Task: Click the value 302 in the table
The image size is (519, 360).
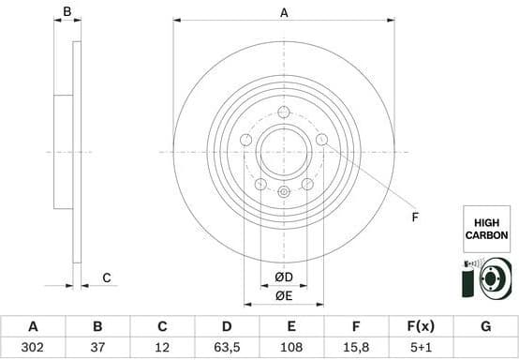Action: click(33, 348)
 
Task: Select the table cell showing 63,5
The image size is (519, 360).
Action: click(227, 348)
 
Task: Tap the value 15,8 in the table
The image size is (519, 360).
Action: click(356, 348)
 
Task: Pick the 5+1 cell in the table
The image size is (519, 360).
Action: click(421, 348)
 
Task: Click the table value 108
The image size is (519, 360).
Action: click(291, 348)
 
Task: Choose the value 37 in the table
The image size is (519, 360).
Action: click(97, 348)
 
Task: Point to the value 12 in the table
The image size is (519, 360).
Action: click(162, 348)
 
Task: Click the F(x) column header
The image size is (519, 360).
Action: click(421, 326)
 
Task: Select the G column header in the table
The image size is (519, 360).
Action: click(485, 326)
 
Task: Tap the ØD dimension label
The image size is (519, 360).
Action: click(284, 277)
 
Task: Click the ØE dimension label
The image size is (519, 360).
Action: click(284, 296)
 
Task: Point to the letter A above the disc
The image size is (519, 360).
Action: click(284, 12)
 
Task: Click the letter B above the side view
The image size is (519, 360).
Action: click(67, 12)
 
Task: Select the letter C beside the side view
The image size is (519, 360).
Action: click(107, 277)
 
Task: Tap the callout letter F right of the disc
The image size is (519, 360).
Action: click(415, 218)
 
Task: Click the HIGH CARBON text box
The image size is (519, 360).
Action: click(486, 229)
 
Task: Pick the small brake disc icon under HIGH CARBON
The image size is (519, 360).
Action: click(486, 278)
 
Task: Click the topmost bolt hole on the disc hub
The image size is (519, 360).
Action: click(284, 112)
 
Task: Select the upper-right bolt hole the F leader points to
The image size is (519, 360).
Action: click(321, 140)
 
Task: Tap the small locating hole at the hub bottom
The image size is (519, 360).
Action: click(284, 191)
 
